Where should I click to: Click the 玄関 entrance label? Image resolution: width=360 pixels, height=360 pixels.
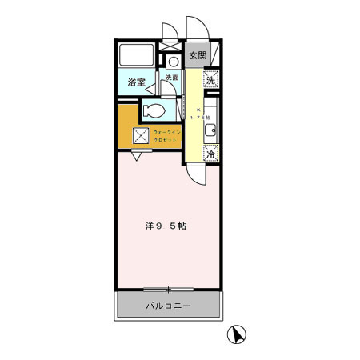pyautogui.click(x=197, y=56)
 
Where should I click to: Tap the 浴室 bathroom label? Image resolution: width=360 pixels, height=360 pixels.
pyautogui.click(x=136, y=82)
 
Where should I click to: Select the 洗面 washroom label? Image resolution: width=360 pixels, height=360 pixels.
pyautogui.click(x=172, y=78)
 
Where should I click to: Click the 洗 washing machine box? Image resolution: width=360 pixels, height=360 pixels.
pyautogui.click(x=210, y=79)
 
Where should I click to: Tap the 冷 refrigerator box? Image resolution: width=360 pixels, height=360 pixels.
pyautogui.click(x=211, y=154)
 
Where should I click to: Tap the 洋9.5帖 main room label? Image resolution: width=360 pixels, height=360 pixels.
pyautogui.click(x=166, y=226)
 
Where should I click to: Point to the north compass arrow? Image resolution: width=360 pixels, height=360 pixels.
pyautogui.click(x=238, y=334)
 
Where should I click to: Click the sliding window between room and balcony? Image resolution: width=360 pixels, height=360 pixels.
pyautogui.click(x=168, y=289)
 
